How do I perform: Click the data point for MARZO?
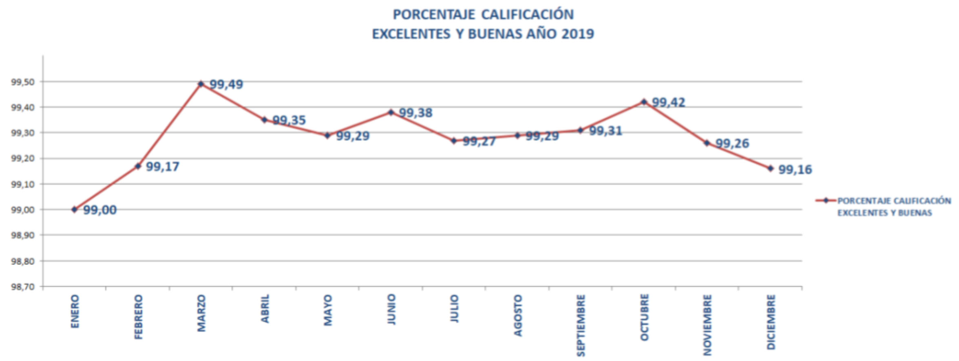[201, 84]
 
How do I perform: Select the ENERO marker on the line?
[74, 209]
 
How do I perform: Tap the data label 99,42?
[669, 102]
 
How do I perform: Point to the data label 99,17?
[163, 167]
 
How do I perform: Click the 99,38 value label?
[415, 113]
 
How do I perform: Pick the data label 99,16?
[795, 169]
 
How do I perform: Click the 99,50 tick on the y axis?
[23, 82]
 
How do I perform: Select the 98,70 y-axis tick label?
[23, 287]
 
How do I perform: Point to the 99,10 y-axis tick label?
[23, 184]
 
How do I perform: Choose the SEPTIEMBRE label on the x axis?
[581, 325]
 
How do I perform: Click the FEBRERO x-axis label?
[139, 317]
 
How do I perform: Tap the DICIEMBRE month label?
[771, 322]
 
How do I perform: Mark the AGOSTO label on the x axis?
[518, 315]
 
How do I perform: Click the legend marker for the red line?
[826, 200]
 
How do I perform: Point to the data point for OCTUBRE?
[644, 101]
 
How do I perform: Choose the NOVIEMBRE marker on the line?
[707, 143]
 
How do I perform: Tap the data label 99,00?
[100, 210]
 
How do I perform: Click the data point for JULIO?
[454, 141]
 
